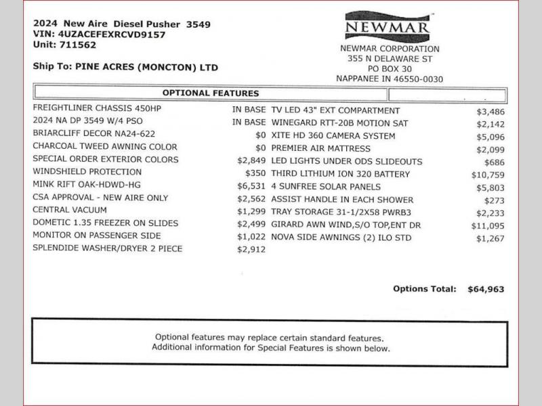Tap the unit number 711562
(x=77, y=45)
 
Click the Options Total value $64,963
(x=486, y=289)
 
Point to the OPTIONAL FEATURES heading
(x=210, y=93)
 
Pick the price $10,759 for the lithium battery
(x=488, y=174)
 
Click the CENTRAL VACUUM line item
(x=69, y=210)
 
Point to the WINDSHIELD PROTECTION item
(x=87, y=172)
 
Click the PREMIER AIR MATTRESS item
(x=321, y=148)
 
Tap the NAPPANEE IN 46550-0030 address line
(x=390, y=78)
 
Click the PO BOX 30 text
(x=390, y=68)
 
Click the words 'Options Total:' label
(x=425, y=289)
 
